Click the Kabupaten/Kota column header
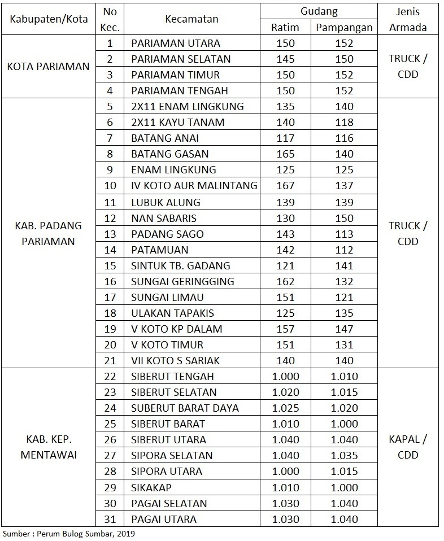(48, 19)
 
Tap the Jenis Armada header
(407, 19)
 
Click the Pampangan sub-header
(343, 27)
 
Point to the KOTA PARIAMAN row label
(48, 67)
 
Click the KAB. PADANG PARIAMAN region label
(48, 233)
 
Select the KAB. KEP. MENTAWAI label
(48, 447)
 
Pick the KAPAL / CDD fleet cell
(407, 447)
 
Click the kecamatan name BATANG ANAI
(165, 138)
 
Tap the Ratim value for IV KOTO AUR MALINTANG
(285, 186)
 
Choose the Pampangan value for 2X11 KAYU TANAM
(343, 123)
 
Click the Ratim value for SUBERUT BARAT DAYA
(285, 408)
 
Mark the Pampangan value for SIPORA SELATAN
(343, 455)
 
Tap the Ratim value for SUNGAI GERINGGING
(285, 281)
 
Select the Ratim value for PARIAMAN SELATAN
(285, 59)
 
